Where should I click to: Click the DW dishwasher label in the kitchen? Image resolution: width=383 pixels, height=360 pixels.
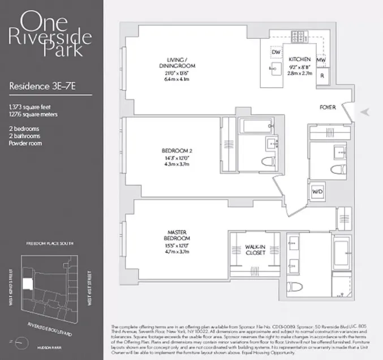(276, 53)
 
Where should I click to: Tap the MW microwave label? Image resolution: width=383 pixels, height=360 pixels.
(321, 60)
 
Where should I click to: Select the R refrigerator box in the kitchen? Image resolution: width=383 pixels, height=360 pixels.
(321, 75)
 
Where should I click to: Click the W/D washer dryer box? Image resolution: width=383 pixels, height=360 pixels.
(317, 192)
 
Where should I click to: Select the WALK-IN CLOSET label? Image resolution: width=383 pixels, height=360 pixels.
(252, 249)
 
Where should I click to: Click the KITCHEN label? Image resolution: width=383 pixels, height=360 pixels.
(299, 59)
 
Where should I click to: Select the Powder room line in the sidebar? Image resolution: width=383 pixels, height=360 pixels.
(27, 143)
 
